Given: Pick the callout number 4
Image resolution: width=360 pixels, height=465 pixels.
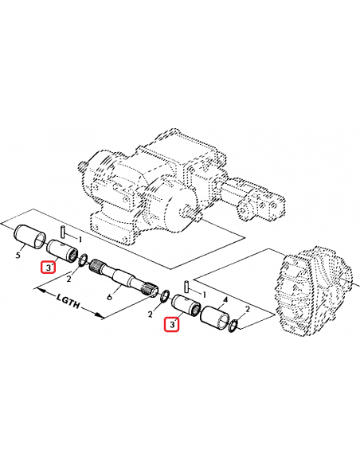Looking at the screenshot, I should click(226, 300).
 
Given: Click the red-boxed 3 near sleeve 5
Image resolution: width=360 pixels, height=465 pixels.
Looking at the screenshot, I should click(48, 268).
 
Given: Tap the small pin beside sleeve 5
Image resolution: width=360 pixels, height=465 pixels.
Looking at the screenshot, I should click(69, 237).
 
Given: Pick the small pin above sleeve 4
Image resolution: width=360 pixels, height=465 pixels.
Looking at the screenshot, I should click(186, 286).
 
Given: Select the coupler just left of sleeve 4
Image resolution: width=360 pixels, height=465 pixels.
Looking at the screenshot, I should click(185, 307).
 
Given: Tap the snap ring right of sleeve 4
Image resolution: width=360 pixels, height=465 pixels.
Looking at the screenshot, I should click(233, 326).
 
